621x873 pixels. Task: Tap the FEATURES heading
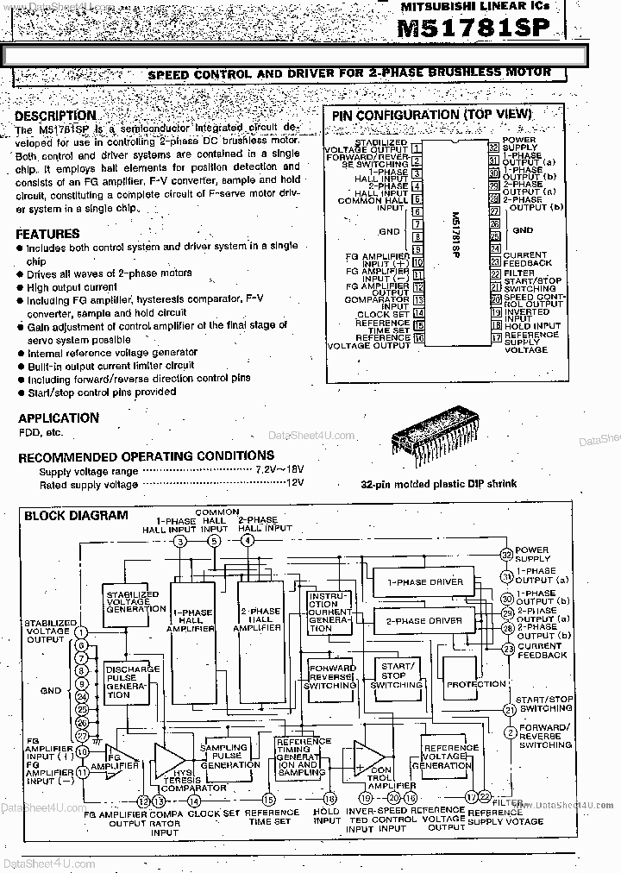(47, 234)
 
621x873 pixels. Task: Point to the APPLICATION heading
(58, 418)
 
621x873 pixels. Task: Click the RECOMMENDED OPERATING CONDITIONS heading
(146, 455)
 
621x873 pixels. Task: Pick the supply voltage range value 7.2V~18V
(279, 470)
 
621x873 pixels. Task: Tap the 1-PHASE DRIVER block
(424, 582)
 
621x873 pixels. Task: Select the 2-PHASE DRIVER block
(424, 621)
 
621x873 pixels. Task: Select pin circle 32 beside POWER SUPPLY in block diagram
(508, 552)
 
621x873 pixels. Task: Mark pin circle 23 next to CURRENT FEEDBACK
(508, 649)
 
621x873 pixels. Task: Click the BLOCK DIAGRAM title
(76, 515)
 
